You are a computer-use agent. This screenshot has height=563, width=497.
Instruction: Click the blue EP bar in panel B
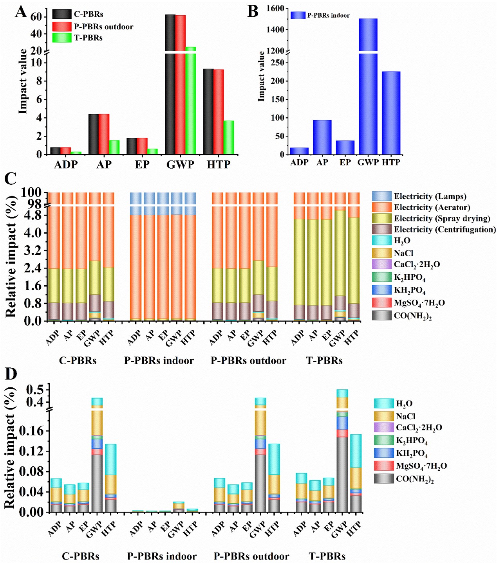point(345,147)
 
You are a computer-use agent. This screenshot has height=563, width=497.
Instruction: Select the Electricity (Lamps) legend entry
point(430,196)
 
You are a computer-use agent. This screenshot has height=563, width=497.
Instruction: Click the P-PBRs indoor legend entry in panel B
point(328,16)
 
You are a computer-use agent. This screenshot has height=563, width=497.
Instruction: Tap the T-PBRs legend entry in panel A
point(88,38)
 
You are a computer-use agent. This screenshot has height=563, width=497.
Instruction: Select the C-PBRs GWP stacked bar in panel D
point(97,469)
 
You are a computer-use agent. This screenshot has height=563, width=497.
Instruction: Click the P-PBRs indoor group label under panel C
point(159,361)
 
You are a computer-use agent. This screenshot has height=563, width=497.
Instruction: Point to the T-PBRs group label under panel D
point(327,556)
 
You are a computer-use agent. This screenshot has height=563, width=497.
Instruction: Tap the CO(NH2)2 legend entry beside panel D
point(415,478)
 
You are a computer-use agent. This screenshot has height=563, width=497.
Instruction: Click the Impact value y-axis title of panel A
point(23,81)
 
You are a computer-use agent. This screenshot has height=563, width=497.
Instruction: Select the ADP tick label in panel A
point(66,165)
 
